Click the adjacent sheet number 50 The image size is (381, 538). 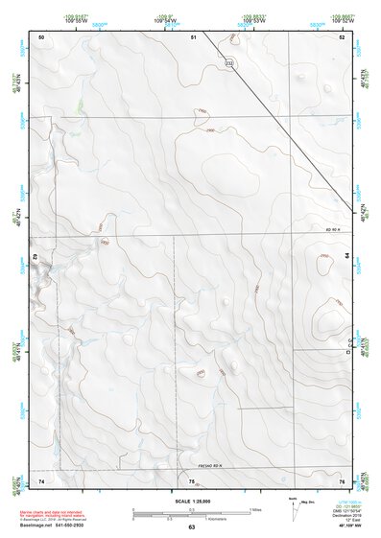point(41,36)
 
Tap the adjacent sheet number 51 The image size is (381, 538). point(193,36)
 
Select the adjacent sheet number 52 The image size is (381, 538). point(343,36)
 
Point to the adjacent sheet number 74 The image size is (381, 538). point(41,480)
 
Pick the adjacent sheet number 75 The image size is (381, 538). point(192,480)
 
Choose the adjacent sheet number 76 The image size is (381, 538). point(343,480)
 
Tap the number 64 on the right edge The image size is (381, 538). point(345,258)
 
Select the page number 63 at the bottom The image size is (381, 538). point(192,527)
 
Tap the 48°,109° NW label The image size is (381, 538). point(347,524)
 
